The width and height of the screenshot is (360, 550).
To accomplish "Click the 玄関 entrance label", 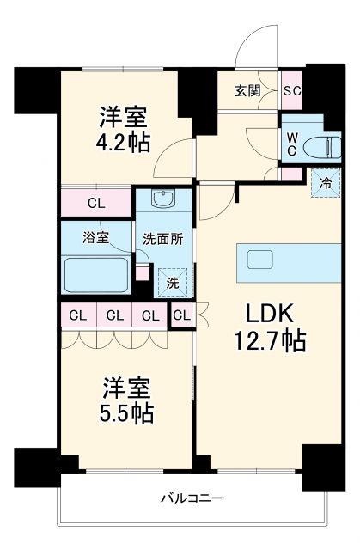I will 247,90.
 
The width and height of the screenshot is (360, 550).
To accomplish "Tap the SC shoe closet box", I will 290,90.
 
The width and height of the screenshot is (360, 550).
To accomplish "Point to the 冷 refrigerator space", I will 325,182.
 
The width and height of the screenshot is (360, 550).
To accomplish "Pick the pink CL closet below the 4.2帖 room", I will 96,204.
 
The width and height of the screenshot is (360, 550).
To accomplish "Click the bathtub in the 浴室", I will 96,274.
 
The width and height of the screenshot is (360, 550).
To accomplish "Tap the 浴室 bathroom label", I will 95,239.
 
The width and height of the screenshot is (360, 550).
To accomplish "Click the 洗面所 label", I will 163,241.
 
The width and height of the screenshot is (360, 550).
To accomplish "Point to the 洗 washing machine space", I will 171,281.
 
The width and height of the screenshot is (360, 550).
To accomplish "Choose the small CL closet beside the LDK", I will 181,316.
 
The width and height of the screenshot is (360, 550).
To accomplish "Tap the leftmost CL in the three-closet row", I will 76,315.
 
